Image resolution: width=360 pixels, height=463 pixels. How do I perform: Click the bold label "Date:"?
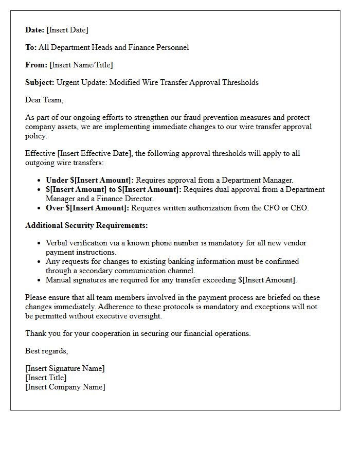click(35, 30)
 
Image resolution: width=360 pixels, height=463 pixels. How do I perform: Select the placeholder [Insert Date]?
click(67, 30)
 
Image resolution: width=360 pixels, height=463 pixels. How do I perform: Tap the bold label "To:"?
click(31, 47)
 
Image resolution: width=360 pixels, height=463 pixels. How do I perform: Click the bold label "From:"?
click(36, 65)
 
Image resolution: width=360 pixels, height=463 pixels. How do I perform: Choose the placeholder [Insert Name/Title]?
click(81, 65)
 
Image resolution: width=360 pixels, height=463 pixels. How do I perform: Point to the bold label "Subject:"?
click(40, 82)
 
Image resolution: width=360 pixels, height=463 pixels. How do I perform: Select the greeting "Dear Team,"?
click(44, 100)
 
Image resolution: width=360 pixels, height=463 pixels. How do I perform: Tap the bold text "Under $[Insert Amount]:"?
click(89, 180)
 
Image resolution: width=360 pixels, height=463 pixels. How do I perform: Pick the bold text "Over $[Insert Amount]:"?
click(87, 208)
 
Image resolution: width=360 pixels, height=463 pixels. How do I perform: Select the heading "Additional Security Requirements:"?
click(86, 225)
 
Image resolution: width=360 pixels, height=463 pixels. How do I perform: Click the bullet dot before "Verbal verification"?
click(40, 243)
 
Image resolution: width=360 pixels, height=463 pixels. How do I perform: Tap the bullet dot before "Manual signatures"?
click(40, 280)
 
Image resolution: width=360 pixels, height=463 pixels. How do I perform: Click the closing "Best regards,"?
click(46, 351)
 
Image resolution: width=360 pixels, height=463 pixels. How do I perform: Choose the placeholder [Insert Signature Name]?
click(65, 368)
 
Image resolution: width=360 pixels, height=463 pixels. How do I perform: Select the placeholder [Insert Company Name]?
click(65, 387)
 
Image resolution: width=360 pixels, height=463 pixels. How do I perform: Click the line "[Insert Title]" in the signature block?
click(46, 378)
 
